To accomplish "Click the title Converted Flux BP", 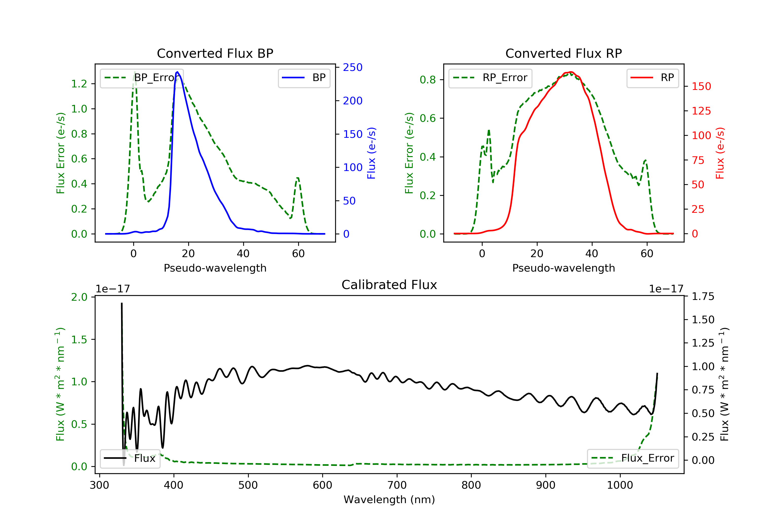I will [215, 53].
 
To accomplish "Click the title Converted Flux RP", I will [563, 53].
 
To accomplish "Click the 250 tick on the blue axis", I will [353, 68].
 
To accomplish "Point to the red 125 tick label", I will [701, 111].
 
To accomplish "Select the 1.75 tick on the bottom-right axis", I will [703, 297].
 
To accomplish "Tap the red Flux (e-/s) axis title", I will [720, 153].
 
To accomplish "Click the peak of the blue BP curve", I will [177, 72].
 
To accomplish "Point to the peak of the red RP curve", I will [571, 72].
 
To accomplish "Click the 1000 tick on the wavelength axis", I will [620, 485].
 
